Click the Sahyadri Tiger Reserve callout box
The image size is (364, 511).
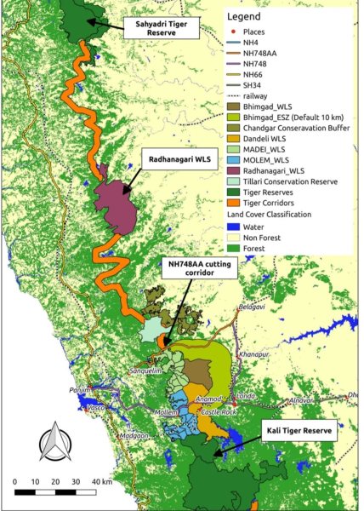(x=162, y=29)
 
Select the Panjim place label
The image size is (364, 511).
(x=80, y=389)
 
